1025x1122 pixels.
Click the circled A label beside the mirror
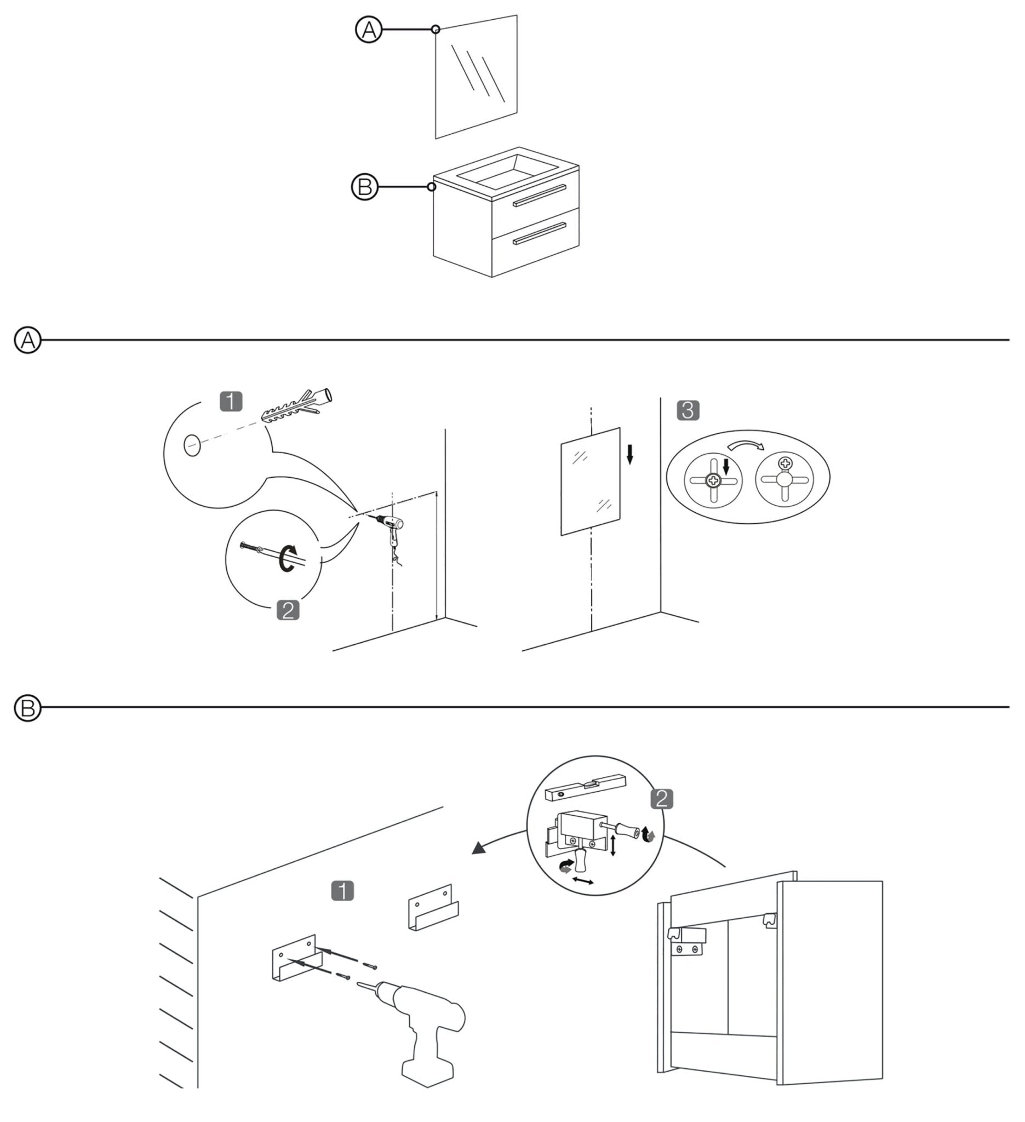click(369, 30)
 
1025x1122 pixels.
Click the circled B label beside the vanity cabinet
click(364, 187)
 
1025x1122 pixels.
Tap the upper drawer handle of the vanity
click(539, 196)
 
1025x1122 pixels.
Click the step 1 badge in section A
click(231, 401)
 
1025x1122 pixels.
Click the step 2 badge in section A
click(288, 610)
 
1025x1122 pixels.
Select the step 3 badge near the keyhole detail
click(688, 411)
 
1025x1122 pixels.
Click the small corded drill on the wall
click(391, 526)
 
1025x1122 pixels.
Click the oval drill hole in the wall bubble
click(192, 445)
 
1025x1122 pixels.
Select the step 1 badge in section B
click(342, 891)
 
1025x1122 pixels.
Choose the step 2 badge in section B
click(661, 799)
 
